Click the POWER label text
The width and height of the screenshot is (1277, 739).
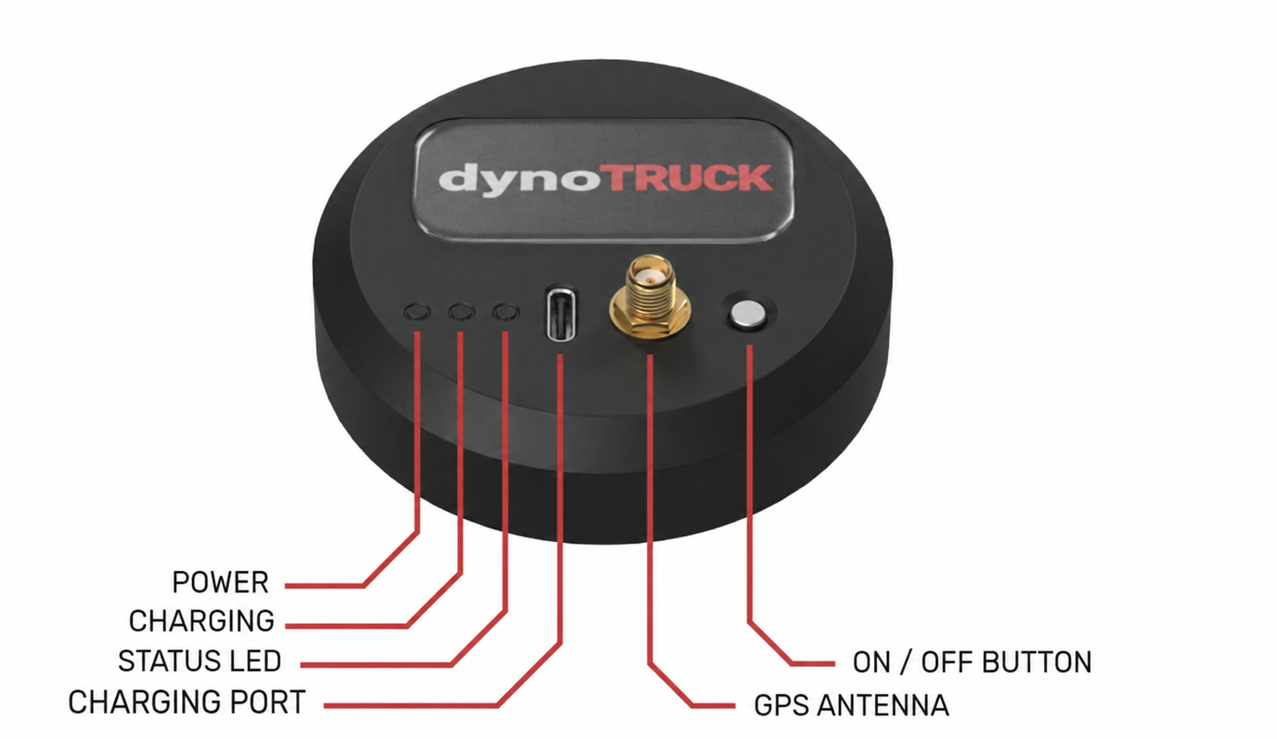(220, 583)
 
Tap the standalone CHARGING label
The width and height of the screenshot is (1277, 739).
(201, 621)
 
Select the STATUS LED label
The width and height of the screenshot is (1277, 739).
(200, 662)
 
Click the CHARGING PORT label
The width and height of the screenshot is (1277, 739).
(187, 702)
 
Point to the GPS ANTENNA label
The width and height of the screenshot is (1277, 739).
(852, 706)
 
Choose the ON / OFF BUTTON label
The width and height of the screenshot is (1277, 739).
(972, 662)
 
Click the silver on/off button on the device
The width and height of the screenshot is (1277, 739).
(748, 314)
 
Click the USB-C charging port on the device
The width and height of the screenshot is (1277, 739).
(561, 315)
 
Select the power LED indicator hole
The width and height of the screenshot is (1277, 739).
(418, 312)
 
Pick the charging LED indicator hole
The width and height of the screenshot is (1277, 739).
(461, 311)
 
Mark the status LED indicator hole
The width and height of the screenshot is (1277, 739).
(506, 311)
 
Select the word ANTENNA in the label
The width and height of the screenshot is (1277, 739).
(883, 706)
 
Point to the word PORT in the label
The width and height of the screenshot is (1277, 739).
(267, 702)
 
